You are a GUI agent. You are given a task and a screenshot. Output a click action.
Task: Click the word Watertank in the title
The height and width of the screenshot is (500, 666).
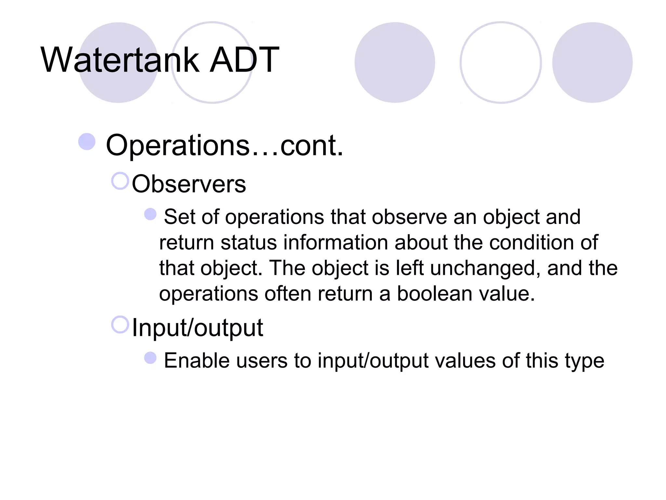pos(120,60)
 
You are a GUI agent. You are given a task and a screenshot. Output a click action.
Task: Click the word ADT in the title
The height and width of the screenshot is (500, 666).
pos(244,60)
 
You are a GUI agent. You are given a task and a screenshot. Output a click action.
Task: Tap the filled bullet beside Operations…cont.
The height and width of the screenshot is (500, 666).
pos(87,142)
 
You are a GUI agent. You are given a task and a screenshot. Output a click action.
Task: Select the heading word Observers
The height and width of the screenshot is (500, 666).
pos(189,184)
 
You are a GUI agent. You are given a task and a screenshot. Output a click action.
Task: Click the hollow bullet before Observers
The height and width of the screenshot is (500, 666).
pos(120,181)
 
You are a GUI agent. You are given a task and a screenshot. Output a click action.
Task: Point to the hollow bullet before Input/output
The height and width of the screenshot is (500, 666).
pos(120,325)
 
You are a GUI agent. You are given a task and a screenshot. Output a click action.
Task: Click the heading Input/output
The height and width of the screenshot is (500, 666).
pos(197,328)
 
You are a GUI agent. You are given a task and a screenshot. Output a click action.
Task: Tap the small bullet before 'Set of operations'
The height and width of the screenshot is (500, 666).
pos(150,214)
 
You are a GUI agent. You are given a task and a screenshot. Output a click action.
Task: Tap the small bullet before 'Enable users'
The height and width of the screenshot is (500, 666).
pos(150,358)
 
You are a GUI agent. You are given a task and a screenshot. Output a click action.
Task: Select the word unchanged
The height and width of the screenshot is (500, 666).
pos(483,269)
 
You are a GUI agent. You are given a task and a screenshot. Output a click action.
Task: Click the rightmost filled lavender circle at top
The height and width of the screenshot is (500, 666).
pos(592,62)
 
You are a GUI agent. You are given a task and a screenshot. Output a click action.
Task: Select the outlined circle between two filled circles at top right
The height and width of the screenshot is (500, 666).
pos(500,62)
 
